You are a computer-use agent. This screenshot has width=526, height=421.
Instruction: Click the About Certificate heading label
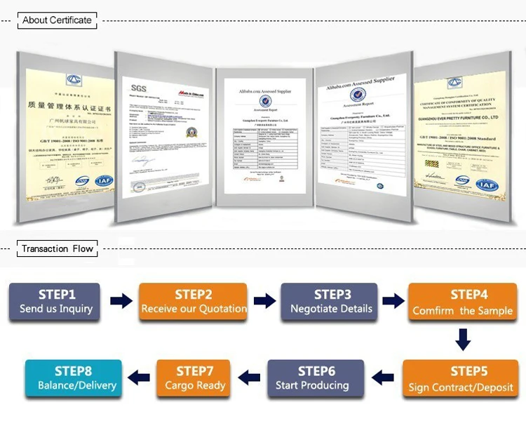click(x=57, y=20)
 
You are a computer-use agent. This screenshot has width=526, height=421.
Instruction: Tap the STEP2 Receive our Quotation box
click(x=194, y=301)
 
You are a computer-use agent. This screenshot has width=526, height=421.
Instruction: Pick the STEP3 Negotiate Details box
click(x=330, y=301)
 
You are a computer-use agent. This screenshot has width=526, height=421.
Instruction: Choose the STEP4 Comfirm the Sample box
click(x=462, y=302)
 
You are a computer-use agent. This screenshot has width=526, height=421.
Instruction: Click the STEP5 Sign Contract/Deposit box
click(x=461, y=379)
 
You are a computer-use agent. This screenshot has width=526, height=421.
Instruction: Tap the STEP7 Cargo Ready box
click(x=196, y=378)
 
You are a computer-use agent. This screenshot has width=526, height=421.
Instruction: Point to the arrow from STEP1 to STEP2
click(x=121, y=302)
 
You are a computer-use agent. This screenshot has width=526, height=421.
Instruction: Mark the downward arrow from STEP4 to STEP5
click(x=461, y=340)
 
